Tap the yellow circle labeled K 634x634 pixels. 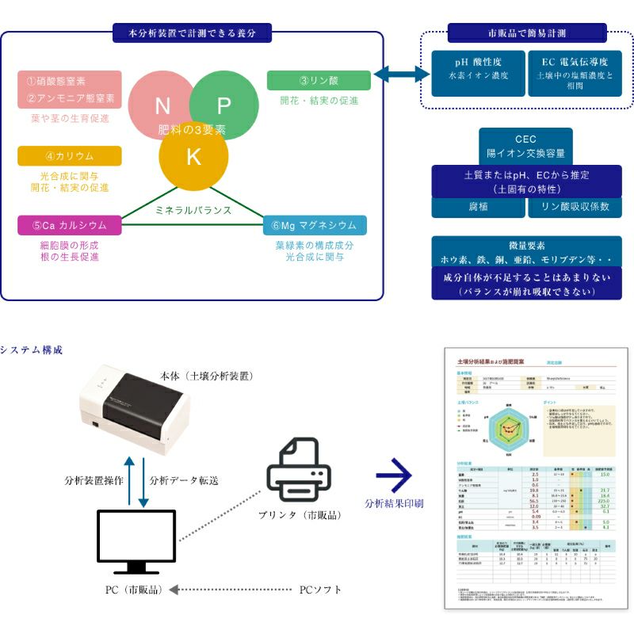click(193, 156)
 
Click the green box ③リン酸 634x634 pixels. click(319, 80)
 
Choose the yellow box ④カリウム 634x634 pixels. click(70, 156)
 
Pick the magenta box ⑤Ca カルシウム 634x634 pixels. click(70, 225)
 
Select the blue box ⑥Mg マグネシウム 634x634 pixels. click(315, 225)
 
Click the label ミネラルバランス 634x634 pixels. click(193, 211)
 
